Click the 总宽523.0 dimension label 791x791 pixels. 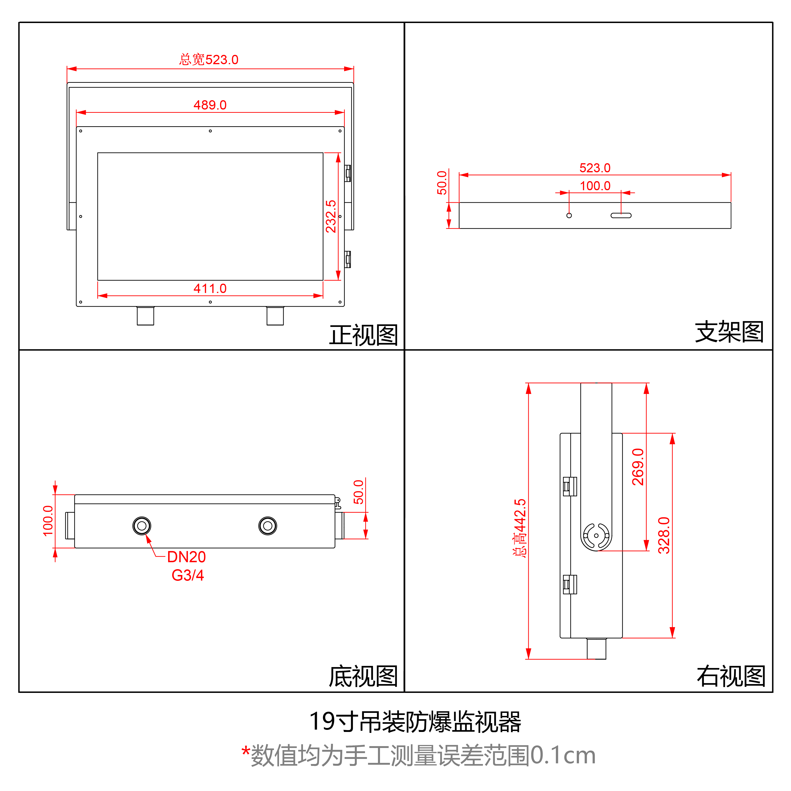pos(209,60)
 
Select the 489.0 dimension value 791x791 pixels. pos(210,105)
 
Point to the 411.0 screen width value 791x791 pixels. pos(210,289)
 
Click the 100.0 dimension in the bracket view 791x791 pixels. pos(595,186)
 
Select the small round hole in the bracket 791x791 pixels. pos(569,215)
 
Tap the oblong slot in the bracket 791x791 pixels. pos(621,215)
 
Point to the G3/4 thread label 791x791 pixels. pos(187,575)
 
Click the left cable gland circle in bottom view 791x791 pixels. pos(142,526)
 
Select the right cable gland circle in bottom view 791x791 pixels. pos(268,526)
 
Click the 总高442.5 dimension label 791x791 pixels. pos(520,528)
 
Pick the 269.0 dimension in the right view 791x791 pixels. pos(638,467)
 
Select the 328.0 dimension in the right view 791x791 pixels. pos(664,535)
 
